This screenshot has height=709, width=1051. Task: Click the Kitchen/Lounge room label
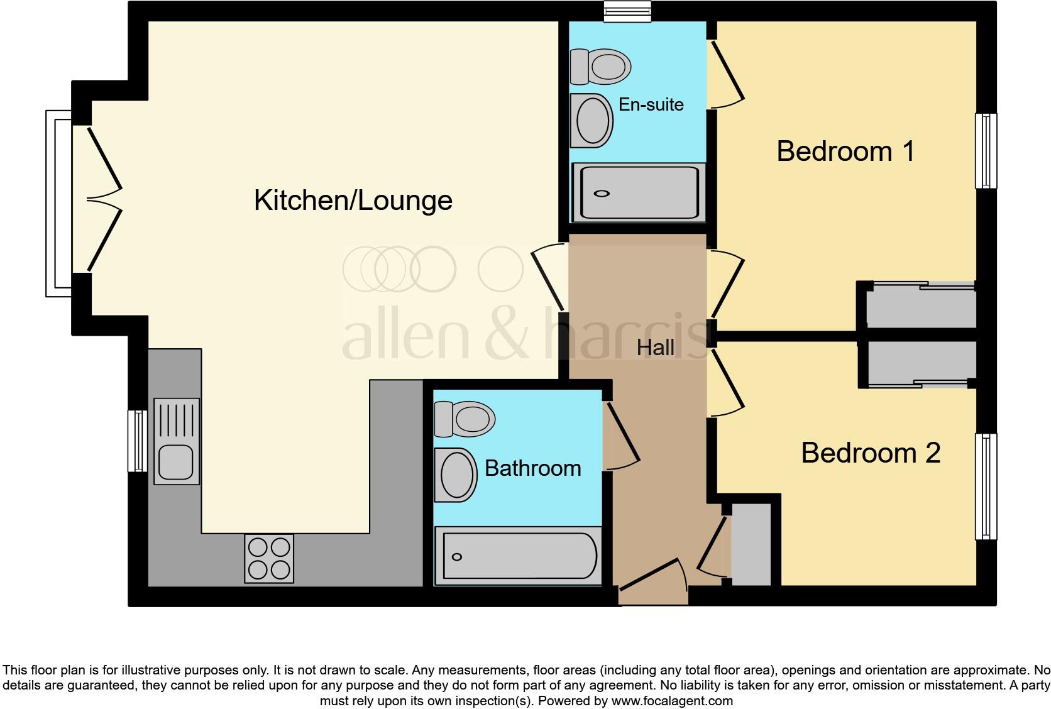[x=353, y=201]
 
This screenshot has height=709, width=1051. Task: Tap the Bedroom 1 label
[x=845, y=151]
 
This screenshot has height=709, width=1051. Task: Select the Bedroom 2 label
[x=870, y=453]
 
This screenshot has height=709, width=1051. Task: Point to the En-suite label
[x=651, y=104]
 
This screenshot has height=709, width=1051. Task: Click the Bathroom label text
[x=532, y=468]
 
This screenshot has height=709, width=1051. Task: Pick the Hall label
[x=655, y=348]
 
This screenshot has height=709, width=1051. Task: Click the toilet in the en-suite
[x=600, y=66]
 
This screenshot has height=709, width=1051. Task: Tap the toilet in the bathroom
[x=465, y=419]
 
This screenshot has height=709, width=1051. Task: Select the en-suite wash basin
[x=592, y=121]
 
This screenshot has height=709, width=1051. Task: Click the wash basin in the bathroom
[x=456, y=475]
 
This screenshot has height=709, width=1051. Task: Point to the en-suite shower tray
[x=638, y=193]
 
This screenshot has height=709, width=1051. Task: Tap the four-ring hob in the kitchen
[x=269, y=558]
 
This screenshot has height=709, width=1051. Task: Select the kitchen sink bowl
[x=175, y=462]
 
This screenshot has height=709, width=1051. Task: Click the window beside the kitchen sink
[x=137, y=441]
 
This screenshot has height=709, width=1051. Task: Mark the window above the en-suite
[x=627, y=12]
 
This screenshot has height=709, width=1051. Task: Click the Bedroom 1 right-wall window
[x=986, y=151]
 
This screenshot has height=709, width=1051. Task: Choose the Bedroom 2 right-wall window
[x=986, y=486]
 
